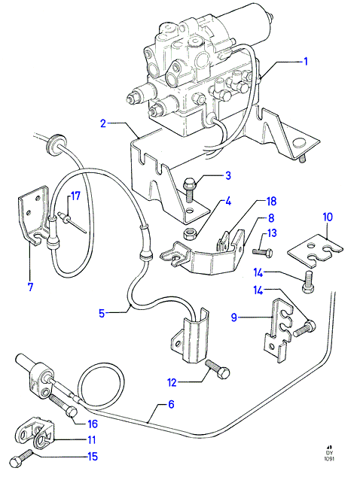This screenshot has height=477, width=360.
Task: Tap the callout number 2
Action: point(103,123)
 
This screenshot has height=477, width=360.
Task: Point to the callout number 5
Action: point(102,313)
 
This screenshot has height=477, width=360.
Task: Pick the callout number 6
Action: point(171,404)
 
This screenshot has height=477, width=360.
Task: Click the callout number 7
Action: point(30,287)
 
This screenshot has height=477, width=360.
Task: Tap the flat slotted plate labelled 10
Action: point(316,250)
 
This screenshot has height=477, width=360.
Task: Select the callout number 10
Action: point(328,217)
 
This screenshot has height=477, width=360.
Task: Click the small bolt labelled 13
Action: point(262,251)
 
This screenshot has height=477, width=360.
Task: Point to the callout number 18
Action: point(271,201)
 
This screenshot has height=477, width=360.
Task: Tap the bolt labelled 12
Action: point(218,369)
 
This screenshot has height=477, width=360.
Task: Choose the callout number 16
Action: point(92,424)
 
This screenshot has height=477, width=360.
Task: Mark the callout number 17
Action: point(75,196)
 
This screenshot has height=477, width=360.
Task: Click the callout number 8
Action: point(271,218)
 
